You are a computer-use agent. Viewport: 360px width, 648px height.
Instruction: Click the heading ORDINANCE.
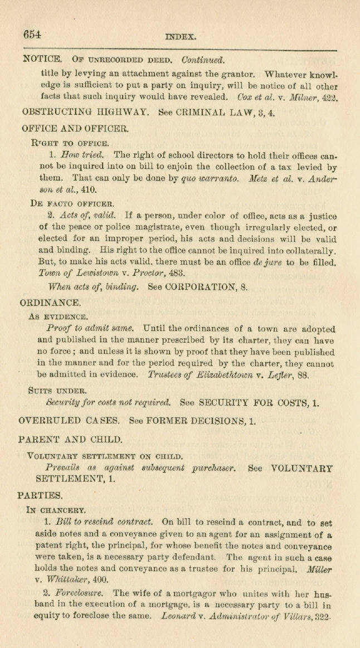(x=51, y=303)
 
